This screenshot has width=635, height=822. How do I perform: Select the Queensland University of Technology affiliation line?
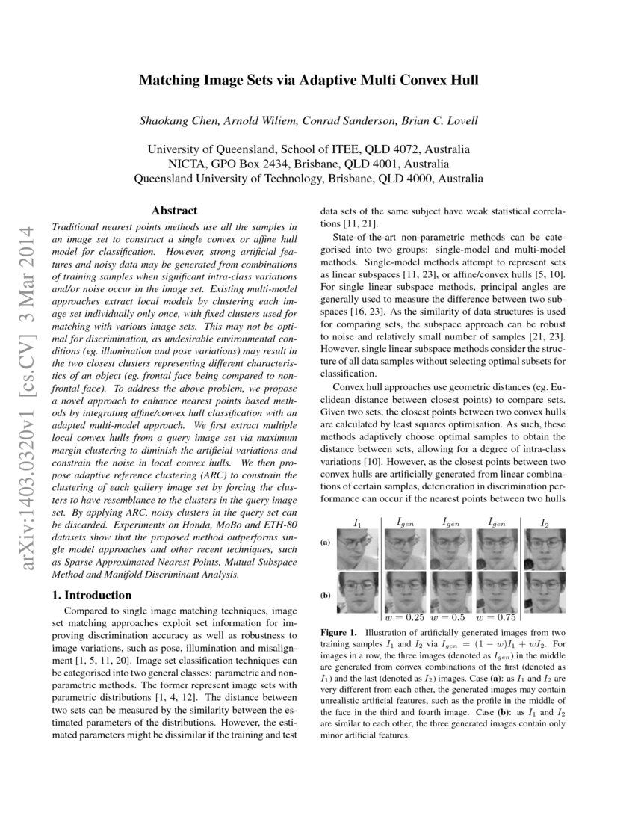coord(308,179)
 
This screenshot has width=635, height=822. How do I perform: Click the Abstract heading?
coord(174,211)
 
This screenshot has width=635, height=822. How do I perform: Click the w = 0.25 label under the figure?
coord(404,617)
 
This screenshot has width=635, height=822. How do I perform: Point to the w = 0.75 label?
coord(500,617)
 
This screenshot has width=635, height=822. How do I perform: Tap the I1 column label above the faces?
coord(357,523)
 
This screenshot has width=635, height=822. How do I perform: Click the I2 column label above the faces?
coord(544,523)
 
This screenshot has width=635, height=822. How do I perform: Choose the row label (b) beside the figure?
coord(326,596)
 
